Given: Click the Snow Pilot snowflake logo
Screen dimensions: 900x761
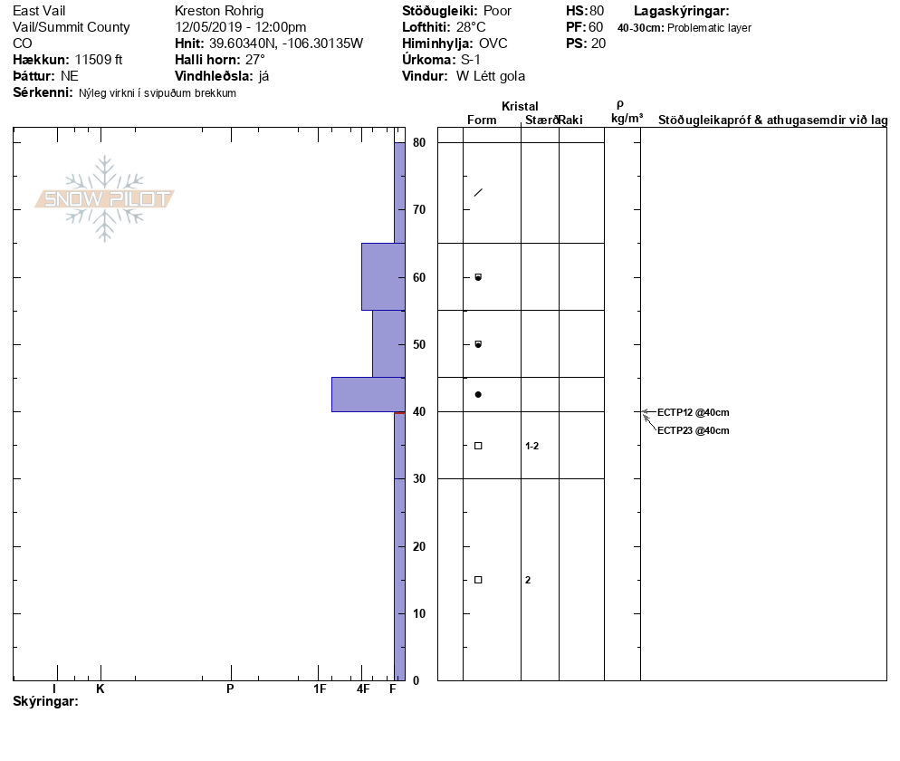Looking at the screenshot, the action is pos(104,198).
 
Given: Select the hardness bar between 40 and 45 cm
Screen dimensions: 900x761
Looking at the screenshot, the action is pos(368,395).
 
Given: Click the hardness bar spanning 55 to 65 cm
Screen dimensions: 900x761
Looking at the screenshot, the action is pos(383,277).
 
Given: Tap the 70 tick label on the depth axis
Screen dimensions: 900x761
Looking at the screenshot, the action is pos(419,210).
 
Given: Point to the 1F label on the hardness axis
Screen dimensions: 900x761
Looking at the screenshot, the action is pos(320,689).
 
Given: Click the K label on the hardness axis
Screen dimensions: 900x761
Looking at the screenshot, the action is pos(100,689).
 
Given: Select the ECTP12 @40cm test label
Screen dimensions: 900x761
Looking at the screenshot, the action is pos(693,412).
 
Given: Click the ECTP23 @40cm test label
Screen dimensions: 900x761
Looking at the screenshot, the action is pos(693,430).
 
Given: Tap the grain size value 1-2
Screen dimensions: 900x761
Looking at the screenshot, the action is pos(532,447).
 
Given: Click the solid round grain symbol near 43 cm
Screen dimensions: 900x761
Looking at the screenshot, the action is pos(478,395).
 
